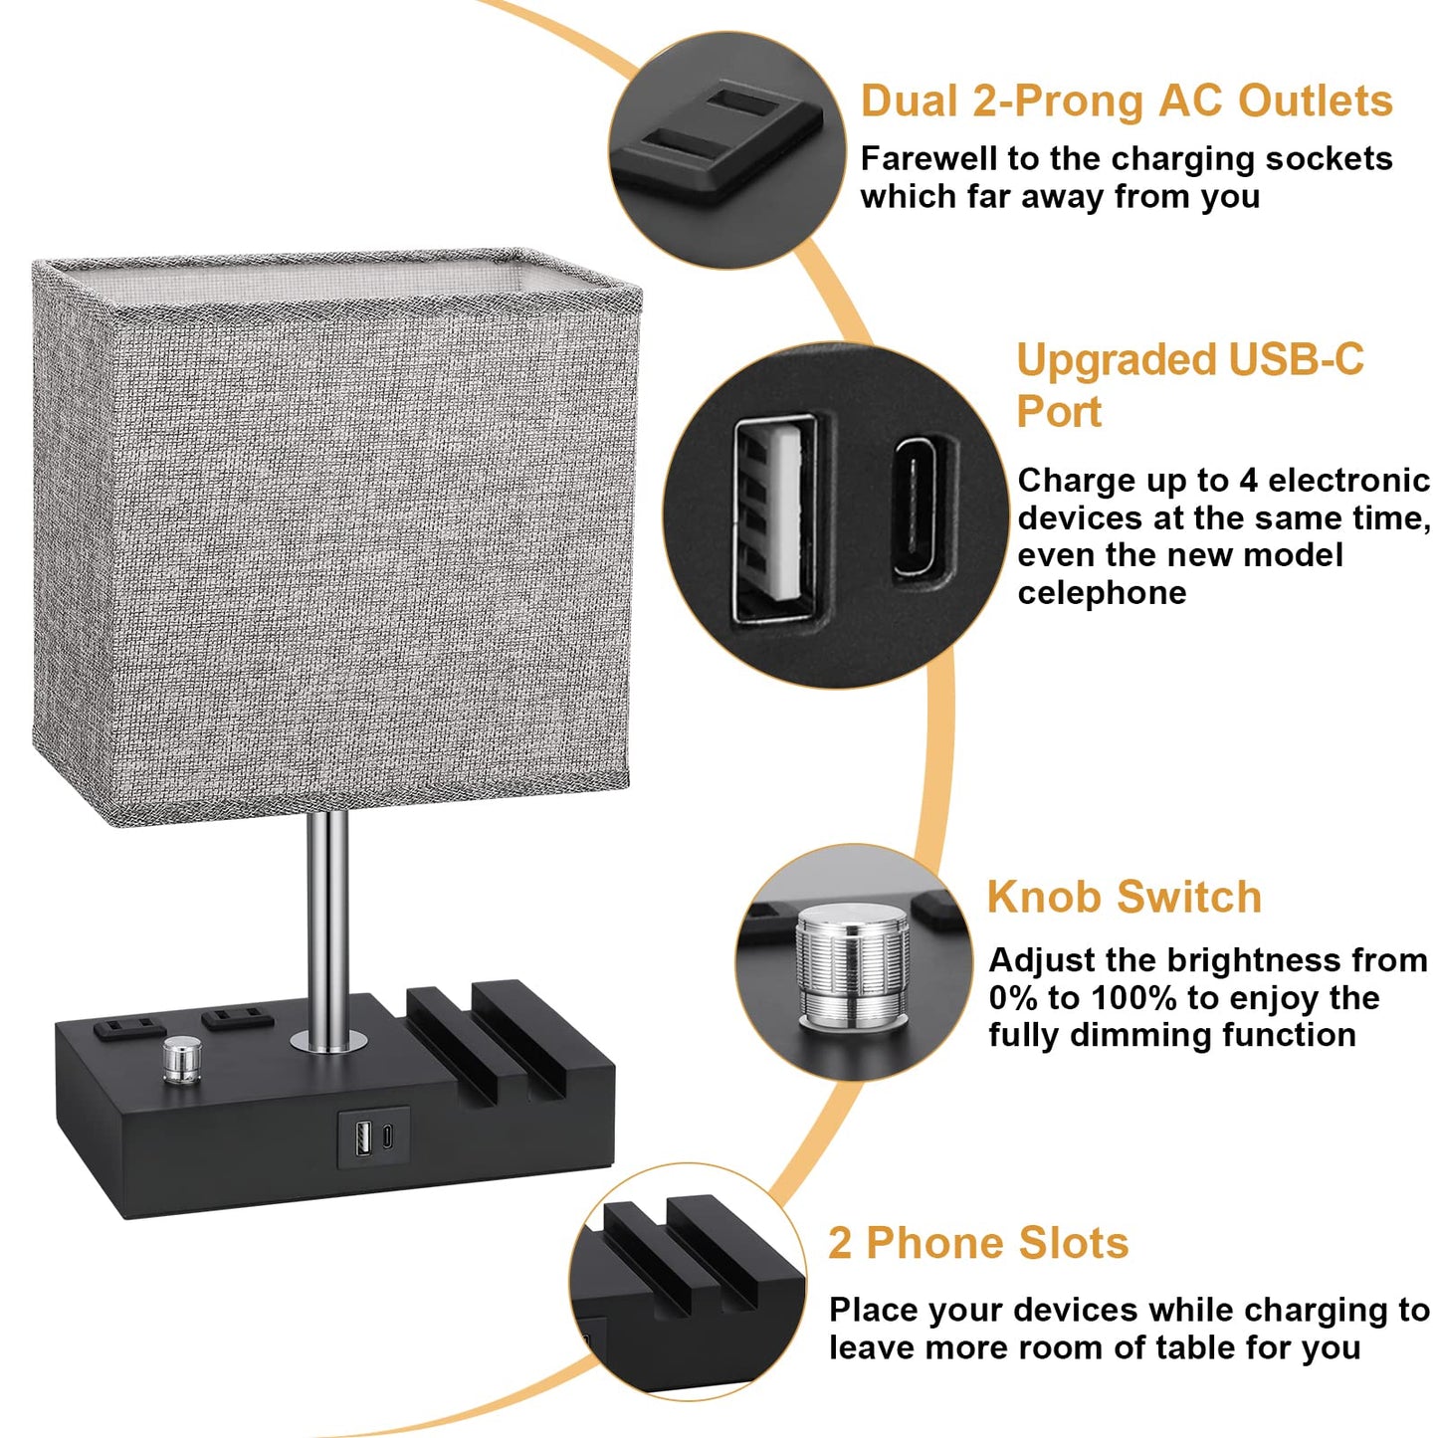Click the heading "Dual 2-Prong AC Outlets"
[1126, 102]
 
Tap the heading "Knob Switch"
[1124, 897]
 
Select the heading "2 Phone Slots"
[978, 1243]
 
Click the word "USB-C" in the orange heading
[1296, 360]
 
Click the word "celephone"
[1102, 593]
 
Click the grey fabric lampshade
[333, 537]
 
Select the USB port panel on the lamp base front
[373, 1136]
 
